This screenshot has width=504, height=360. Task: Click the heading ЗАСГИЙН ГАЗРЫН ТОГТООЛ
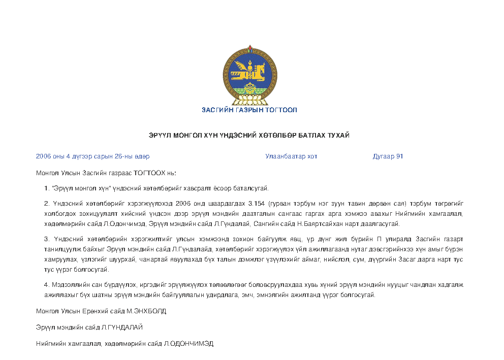pyautogui.click(x=249, y=110)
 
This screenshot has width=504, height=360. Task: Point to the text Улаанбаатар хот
pyautogui.click(x=291, y=156)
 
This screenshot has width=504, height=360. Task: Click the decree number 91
pyautogui.click(x=399, y=156)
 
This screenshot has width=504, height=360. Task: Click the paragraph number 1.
pyautogui.click(x=46, y=188)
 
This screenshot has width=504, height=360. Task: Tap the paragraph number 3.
pyautogui.click(x=46, y=239)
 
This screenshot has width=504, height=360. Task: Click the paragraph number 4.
pyautogui.click(x=46, y=285)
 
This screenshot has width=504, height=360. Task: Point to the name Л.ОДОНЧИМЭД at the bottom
pyautogui.click(x=188, y=344)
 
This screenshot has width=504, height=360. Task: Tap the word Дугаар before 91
pyautogui.click(x=383, y=156)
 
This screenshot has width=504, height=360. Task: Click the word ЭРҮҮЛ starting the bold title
pyautogui.click(x=160, y=136)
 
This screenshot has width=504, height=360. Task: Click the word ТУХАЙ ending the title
pyautogui.click(x=339, y=136)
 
